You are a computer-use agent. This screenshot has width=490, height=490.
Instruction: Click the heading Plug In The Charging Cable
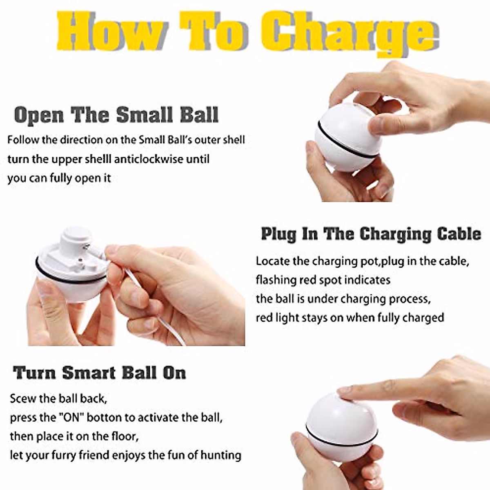[x=371, y=234]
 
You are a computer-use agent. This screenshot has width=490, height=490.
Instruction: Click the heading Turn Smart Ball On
[x=100, y=373]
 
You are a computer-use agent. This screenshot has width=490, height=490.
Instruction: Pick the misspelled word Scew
[x=22, y=398]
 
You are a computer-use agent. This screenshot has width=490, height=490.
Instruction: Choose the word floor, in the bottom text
[x=125, y=436]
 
